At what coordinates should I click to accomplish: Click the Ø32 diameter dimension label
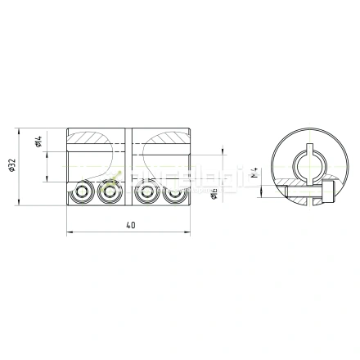click(x=11, y=168)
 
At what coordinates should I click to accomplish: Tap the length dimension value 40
click(x=131, y=225)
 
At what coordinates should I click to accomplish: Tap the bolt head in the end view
click(x=328, y=191)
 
